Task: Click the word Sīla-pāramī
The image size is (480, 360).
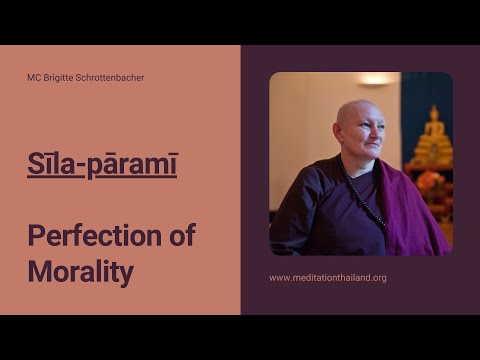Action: (102, 164)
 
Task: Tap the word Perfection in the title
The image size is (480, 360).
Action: (79, 236)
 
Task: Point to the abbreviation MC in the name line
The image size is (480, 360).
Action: (35, 77)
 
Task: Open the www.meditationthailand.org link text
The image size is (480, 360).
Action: (327, 277)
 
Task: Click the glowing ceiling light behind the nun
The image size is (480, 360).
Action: (376, 79)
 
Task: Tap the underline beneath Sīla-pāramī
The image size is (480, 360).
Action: (102, 178)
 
